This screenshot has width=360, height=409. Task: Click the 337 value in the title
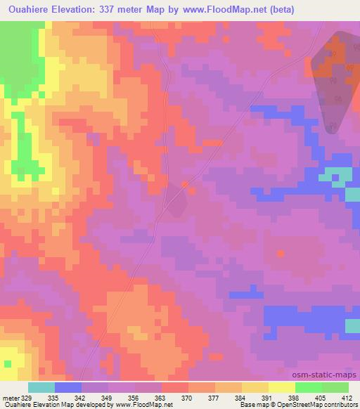pos(124,10)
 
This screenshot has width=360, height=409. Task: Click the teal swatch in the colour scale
pos(41,387)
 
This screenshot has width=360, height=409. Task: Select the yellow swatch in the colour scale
pos(281,387)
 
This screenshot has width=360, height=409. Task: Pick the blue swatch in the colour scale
pos(68,387)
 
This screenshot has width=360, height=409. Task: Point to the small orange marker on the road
pos(185,184)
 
